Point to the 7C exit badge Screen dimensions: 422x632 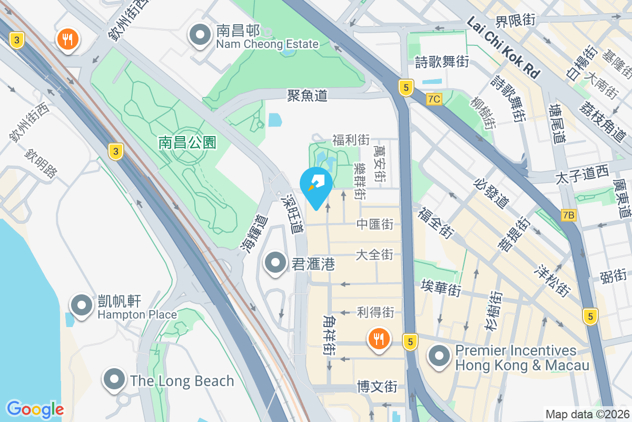[434, 99]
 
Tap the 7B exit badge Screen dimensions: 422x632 [569, 215]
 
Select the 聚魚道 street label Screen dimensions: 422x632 [307, 95]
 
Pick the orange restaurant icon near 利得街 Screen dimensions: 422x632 [378, 338]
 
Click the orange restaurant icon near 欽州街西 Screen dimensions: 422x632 [68, 40]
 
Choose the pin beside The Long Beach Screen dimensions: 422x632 [114, 380]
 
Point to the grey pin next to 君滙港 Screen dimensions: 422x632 [275, 263]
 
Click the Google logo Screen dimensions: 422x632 [35, 409]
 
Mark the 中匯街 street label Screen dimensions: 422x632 [375, 224]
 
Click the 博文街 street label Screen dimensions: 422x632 [377, 386]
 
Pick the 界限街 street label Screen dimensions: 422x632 [515, 21]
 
